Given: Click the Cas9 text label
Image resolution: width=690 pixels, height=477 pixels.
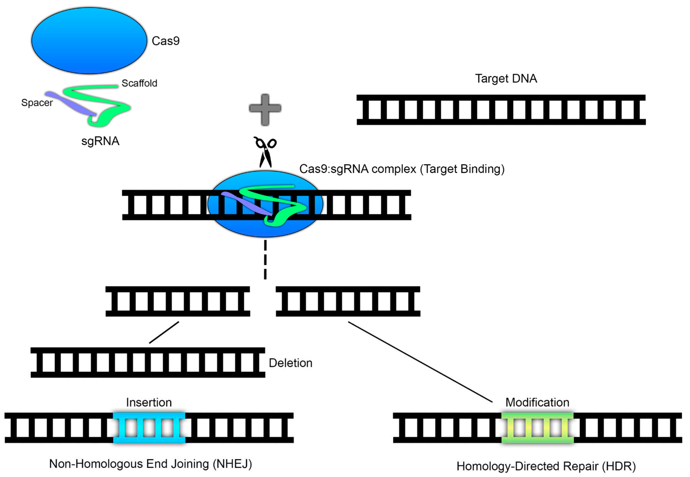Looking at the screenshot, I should click(165, 41).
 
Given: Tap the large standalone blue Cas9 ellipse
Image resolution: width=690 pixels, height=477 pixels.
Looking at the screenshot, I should click(89, 41).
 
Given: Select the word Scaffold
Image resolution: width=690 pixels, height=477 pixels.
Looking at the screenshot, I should click(139, 83).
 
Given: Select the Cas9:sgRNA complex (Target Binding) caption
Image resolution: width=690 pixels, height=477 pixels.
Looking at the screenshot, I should click(402, 169).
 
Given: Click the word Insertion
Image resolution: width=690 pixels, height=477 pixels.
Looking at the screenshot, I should click(149, 402).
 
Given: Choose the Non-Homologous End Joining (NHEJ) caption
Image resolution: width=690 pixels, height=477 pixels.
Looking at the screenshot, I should click(150, 464).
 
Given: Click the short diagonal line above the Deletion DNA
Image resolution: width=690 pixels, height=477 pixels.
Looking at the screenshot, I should click(164, 332).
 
